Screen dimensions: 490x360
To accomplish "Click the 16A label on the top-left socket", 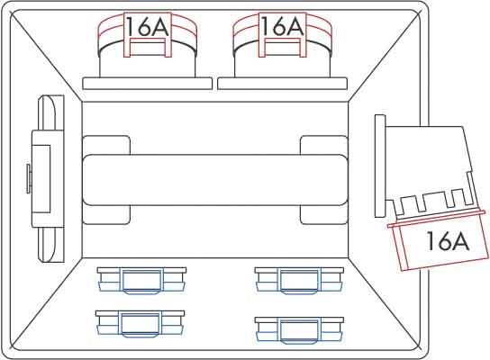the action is point(147,26).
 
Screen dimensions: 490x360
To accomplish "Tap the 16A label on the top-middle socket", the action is point(282,26).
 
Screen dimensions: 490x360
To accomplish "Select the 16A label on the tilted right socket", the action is point(448,240).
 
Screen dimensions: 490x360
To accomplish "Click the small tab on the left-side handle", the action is point(29,179).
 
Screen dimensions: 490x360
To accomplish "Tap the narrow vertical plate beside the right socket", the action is point(380,166).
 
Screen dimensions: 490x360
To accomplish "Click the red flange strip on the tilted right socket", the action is point(437,220).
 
